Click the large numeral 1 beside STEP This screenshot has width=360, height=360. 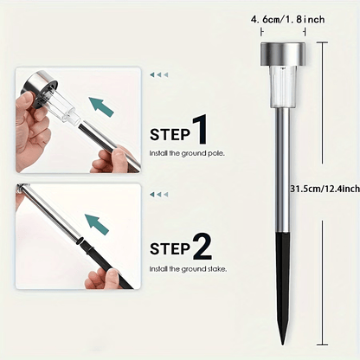pos(200,129)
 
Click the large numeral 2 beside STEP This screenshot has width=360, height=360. pos(202,247)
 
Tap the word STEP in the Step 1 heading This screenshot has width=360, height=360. pos(170,135)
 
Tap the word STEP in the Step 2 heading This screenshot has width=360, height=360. pos(170,249)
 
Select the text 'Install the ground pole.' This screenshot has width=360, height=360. pos(187,153)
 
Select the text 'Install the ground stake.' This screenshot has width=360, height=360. pos(188,269)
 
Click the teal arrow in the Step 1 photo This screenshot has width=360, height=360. pos(101,106)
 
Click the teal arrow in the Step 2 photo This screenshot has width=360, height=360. pos(97,224)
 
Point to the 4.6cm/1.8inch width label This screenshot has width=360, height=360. pos(288,20)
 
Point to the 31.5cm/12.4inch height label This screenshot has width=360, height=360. pos(325,189)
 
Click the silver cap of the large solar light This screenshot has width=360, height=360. pos(283,54)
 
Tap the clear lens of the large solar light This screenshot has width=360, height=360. pos(283,86)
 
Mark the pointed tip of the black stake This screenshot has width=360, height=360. pos(283,344)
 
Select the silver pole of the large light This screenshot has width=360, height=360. pos(283,170)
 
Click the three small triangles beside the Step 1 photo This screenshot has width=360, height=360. pos(158,75)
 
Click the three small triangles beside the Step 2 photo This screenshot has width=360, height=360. pos(158,195)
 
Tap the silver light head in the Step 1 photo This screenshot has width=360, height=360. pos(40,90)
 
